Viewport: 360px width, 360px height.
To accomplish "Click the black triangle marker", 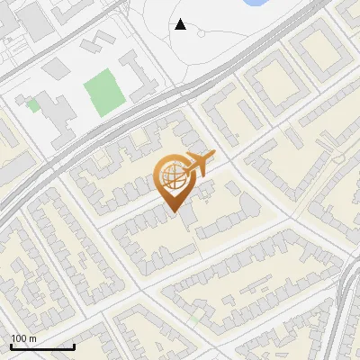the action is [x=181, y=24].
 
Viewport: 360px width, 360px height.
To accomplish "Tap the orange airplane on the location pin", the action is [x=199, y=165].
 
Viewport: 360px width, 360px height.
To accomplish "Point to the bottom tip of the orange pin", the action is [x=172, y=212].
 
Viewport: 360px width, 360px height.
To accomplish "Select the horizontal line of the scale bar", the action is [x=42, y=346].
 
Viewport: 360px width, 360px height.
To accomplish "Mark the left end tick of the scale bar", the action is [x=11, y=346].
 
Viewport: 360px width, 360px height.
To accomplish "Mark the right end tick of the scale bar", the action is [x=74, y=346].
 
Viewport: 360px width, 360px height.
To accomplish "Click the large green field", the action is [x=102, y=89].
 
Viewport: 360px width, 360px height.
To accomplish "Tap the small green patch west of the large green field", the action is [x=33, y=105].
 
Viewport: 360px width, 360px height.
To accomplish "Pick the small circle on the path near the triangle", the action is [x=202, y=34].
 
